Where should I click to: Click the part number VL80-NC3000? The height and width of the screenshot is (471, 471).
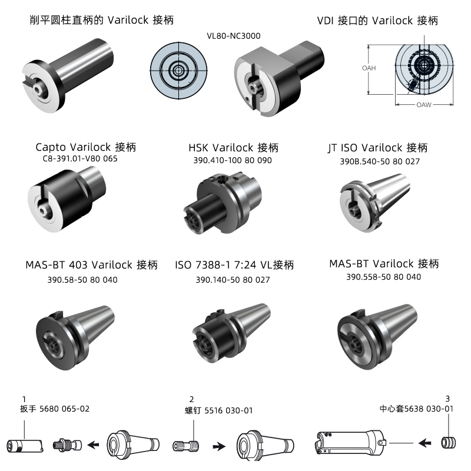(x=233, y=36)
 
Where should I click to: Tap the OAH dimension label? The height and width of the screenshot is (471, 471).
(x=369, y=68)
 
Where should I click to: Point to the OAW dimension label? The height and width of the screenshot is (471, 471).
(x=424, y=105)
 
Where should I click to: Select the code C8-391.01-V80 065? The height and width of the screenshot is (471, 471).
(x=80, y=158)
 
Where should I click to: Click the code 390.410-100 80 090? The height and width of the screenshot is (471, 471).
(x=233, y=160)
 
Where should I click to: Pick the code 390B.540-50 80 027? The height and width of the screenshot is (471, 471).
(x=380, y=161)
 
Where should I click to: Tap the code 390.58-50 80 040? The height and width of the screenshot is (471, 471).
(x=82, y=280)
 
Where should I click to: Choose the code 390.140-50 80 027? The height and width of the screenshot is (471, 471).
(x=233, y=280)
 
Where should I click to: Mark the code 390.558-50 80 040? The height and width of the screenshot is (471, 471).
(x=384, y=277)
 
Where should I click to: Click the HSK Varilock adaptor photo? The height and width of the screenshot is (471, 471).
(x=223, y=203)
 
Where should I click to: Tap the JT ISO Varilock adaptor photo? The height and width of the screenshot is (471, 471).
(x=375, y=203)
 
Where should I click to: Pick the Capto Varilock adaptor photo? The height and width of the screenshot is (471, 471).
(x=67, y=200)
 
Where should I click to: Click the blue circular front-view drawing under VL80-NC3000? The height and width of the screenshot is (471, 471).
(x=179, y=71)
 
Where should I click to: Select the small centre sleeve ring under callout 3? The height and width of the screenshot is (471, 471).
(x=448, y=443)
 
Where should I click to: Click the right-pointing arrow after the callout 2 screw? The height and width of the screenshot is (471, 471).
(x=219, y=446)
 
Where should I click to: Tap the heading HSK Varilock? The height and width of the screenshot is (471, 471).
(x=221, y=148)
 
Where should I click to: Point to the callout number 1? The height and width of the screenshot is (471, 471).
(x=24, y=399)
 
